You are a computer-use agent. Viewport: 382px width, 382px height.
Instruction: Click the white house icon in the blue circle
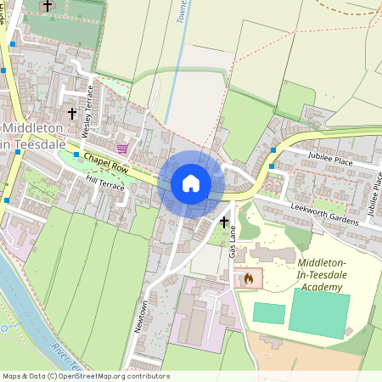(x=191, y=183)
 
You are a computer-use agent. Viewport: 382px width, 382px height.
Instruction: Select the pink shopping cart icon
(x=122, y=148)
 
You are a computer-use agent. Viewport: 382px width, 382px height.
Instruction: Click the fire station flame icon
(x=249, y=278)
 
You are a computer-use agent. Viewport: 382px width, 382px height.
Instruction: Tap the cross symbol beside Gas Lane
(x=224, y=222)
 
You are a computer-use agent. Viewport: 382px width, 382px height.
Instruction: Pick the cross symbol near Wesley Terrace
(x=71, y=112)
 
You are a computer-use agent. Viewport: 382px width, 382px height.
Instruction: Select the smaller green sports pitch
(x=269, y=312)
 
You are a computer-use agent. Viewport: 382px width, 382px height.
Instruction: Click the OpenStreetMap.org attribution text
(x=110, y=376)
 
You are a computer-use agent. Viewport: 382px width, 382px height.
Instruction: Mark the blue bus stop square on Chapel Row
(x=76, y=154)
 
